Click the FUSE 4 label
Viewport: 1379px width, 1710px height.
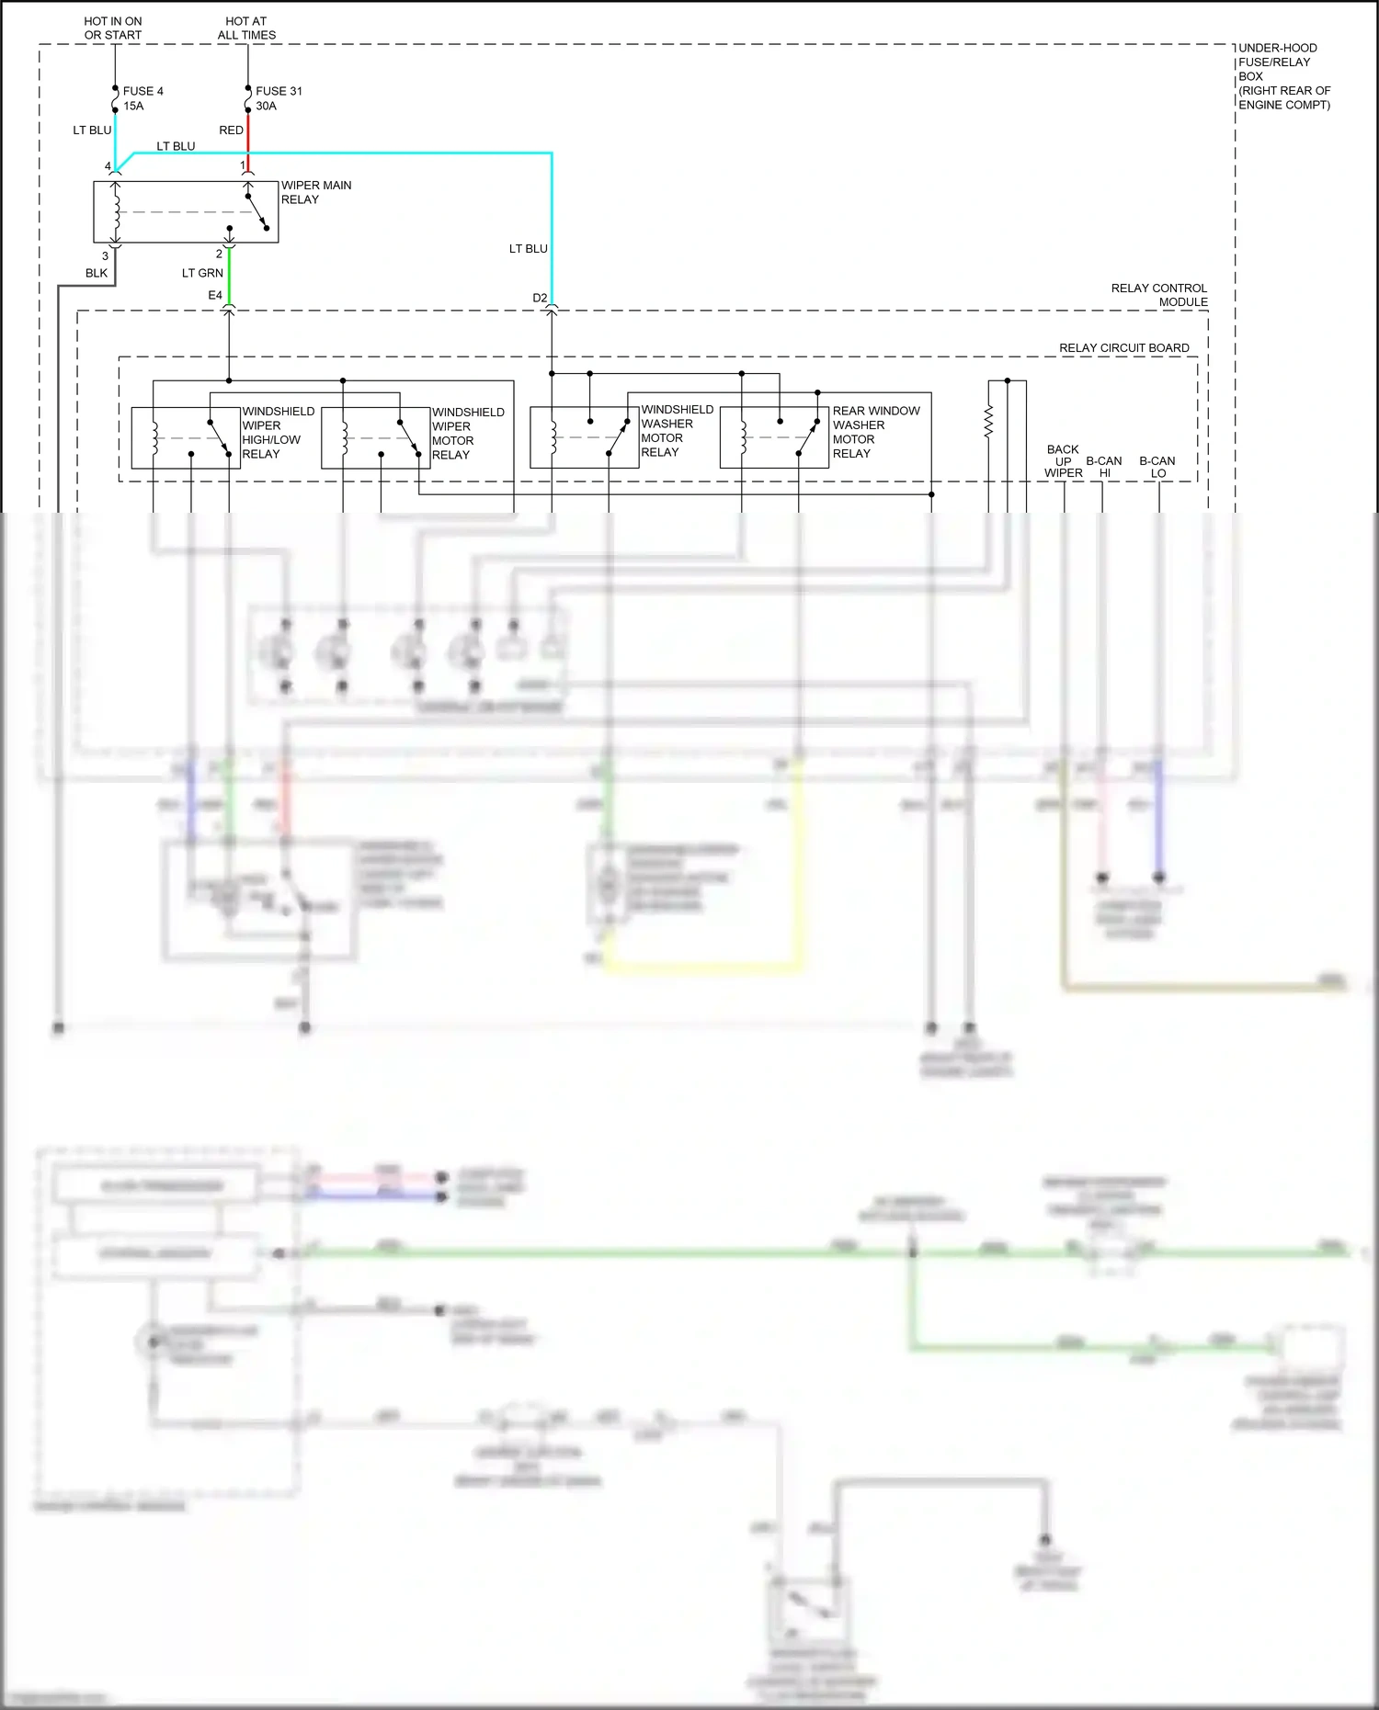pos(142,91)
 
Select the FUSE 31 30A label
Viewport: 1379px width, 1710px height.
pos(278,98)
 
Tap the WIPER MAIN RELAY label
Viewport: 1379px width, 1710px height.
pos(315,192)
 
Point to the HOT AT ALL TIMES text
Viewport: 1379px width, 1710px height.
pos(246,28)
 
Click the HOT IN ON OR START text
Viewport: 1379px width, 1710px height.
pos(113,28)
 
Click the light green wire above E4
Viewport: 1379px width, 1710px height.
pos(229,276)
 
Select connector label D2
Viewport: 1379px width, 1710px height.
pos(540,298)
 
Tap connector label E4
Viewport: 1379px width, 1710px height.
pos(215,295)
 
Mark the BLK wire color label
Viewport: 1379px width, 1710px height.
pos(97,273)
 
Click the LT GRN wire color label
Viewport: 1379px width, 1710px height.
pos(202,273)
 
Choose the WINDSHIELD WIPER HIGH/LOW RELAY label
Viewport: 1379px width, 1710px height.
pos(278,433)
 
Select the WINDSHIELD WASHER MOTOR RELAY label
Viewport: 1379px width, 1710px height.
pos(677,431)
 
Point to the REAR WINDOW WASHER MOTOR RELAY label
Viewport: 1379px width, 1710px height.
pos(875,432)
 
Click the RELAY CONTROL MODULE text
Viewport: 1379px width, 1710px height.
pos(1159,295)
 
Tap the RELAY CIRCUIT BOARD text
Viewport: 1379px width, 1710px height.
pos(1123,347)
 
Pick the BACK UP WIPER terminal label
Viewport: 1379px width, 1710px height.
pos(1063,461)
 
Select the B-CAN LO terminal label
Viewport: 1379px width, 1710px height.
pos(1157,467)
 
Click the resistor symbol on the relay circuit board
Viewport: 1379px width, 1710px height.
pos(989,422)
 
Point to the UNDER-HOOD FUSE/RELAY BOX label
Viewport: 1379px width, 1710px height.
pos(1283,76)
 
